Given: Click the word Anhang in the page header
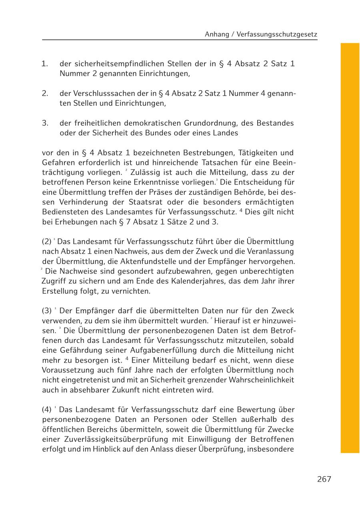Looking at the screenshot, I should [x=216, y=35].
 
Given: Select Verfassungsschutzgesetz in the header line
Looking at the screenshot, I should [x=277, y=35].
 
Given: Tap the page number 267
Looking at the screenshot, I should [x=324, y=479].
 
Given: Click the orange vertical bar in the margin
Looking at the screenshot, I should [x=350, y=248].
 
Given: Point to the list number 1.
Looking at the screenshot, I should [x=45, y=64].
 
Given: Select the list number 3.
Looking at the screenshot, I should [x=45, y=123].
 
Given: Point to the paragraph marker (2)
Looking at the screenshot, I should [x=47, y=242].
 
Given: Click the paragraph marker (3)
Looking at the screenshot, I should [x=47, y=311].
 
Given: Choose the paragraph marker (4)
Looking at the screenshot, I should [x=47, y=410].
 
